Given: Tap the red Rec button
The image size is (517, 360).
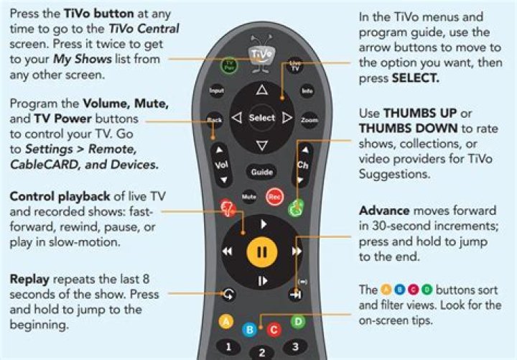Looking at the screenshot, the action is pyautogui.click(x=274, y=197).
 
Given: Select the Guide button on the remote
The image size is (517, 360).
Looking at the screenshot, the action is pyautogui.click(x=262, y=172).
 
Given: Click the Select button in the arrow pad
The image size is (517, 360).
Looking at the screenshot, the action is pyautogui.click(x=262, y=118).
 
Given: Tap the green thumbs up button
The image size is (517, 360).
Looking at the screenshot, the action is pyautogui.click(x=296, y=208).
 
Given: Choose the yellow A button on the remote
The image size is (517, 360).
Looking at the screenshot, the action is pyautogui.click(x=226, y=321).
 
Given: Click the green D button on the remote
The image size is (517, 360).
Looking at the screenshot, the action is pyautogui.click(x=298, y=321).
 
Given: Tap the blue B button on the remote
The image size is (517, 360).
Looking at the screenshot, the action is pyautogui.click(x=250, y=329).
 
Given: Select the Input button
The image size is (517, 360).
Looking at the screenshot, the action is pyautogui.click(x=217, y=91).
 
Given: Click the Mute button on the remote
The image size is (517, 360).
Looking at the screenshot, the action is pyautogui.click(x=249, y=197).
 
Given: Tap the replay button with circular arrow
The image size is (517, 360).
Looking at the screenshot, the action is pyautogui.click(x=228, y=294).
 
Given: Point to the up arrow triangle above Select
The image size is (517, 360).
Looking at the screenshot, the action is pyautogui.click(x=262, y=90).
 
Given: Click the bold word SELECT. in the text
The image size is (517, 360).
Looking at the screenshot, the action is pyautogui.click(x=416, y=78).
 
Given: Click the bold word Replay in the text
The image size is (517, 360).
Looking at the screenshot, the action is pyautogui.click(x=29, y=280).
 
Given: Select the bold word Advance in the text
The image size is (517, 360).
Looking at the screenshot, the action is pyautogui.click(x=384, y=211).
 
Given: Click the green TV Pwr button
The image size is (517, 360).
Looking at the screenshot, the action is pyautogui.click(x=229, y=65).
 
